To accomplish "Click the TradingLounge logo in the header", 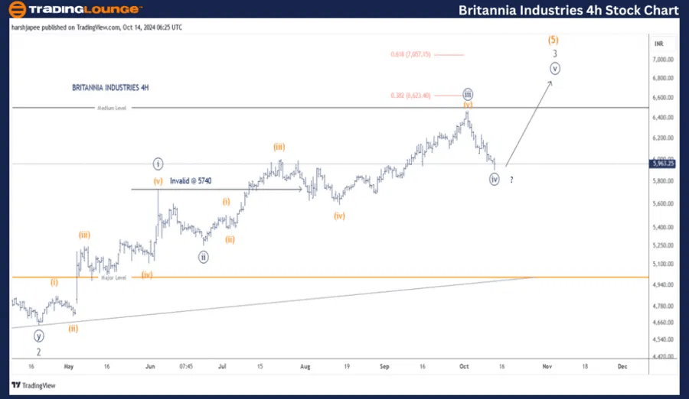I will [x=74, y=10].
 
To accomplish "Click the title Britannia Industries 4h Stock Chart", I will [x=568, y=10].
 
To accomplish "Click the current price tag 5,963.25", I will [x=662, y=163].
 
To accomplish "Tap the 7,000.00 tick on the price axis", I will [x=662, y=59].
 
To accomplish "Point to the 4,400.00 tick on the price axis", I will [x=662, y=356].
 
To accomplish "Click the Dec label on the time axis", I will [x=622, y=366].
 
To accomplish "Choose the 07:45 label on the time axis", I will [x=185, y=366].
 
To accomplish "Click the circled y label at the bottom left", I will [x=39, y=336].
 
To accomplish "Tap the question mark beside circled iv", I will [x=511, y=180].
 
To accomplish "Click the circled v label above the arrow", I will [x=555, y=68].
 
